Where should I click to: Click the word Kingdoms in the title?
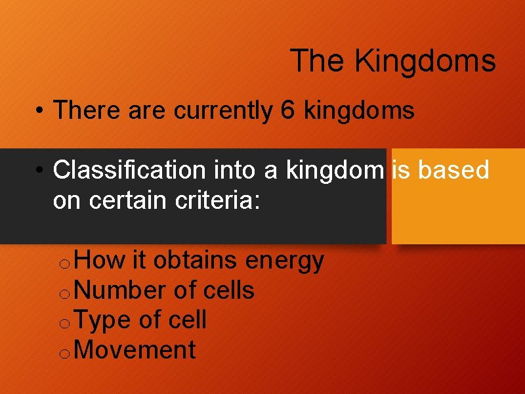pyautogui.click(x=425, y=61)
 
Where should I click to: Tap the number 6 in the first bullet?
pyautogui.click(x=287, y=111)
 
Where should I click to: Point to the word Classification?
pyautogui.click(x=129, y=170)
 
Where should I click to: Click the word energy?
pyautogui.click(x=284, y=261)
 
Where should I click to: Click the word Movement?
pyautogui.click(x=135, y=350)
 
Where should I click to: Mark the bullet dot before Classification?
pyautogui.click(x=41, y=171)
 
